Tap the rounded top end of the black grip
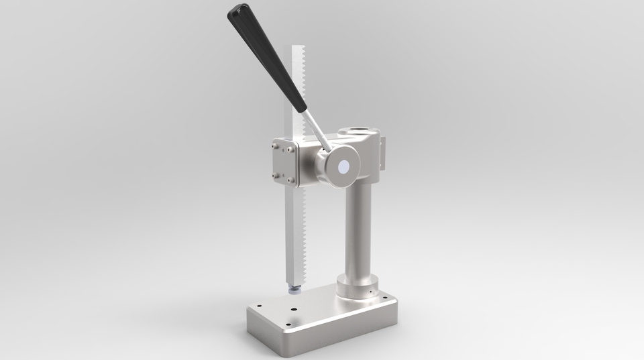click(235, 11)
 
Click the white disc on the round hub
click(346, 168)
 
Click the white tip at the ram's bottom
click(294, 291)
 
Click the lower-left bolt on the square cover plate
click(275, 176)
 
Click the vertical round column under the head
click(360, 228)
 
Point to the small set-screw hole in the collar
click(368, 292)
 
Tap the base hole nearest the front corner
click(294, 324)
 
